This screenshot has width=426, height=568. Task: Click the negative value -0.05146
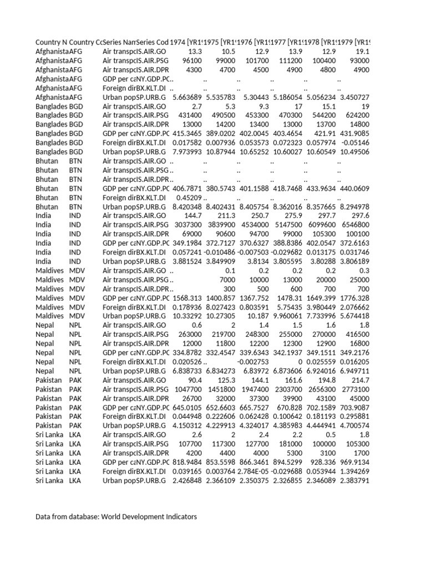356,143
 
